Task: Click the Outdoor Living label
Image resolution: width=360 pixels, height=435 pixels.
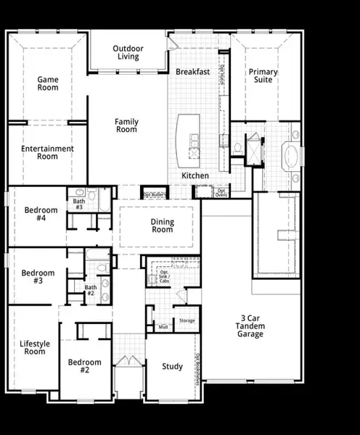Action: tap(128, 52)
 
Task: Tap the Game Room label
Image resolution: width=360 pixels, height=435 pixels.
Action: tap(48, 83)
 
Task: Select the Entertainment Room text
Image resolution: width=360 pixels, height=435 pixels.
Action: tap(47, 152)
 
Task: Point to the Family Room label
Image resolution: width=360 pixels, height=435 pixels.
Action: tap(126, 125)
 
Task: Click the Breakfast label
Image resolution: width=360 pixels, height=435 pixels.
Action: tap(192, 72)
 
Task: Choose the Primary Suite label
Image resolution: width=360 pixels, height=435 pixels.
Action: tap(261, 75)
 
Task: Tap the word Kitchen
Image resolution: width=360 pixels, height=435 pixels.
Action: tap(195, 176)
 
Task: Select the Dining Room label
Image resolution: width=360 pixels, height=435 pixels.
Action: tap(162, 225)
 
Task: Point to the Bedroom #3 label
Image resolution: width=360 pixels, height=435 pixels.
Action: tap(38, 277)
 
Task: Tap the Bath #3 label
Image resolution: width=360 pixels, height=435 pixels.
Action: tap(79, 204)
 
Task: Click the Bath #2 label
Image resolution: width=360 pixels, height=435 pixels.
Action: tap(91, 291)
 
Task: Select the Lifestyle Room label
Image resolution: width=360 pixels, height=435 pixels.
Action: tap(33, 347)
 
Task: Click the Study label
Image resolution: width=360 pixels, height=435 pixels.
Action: tap(172, 366)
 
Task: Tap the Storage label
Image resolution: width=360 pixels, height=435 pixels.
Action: tap(187, 320)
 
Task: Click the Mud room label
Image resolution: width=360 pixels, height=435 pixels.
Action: tap(163, 328)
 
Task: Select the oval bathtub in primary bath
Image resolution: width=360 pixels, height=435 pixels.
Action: tap(290, 156)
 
